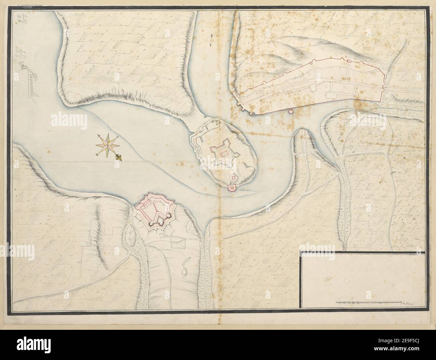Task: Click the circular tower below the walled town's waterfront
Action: (291, 111)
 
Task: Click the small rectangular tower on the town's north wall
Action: (349, 61)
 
